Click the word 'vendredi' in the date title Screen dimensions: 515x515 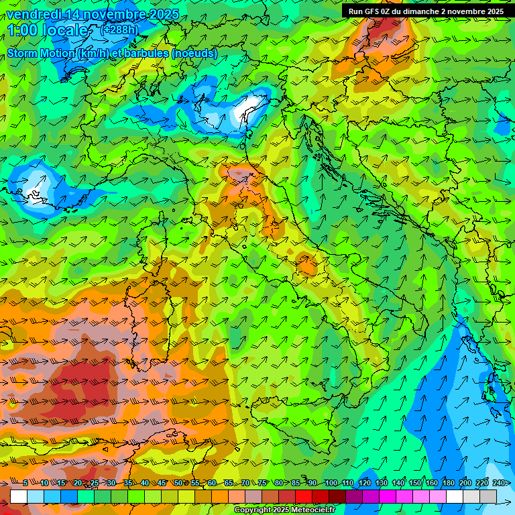tap(32, 14)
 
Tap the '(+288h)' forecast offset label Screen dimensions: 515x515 tap(119, 30)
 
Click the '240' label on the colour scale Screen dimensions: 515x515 tap(498, 483)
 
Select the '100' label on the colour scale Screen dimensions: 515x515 tap(331, 483)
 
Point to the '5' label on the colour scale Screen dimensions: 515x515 tap(25, 483)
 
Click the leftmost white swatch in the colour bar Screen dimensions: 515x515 tap(18, 496)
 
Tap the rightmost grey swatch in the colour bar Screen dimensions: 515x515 tap(488, 496)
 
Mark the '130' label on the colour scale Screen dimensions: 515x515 tap(381, 483)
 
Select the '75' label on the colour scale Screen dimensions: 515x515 tap(262, 483)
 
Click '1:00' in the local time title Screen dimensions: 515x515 tap(24, 30)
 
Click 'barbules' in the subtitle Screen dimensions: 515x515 tap(146, 53)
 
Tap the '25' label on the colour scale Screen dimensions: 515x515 tap(95, 483)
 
